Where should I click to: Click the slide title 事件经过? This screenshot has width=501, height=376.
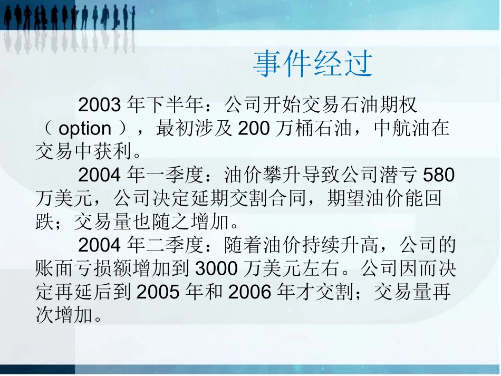[313, 64]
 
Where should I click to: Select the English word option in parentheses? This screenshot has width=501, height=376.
[85, 129]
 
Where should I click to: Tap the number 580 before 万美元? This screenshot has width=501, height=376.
[439, 175]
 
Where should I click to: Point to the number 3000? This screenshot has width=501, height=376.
[218, 269]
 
